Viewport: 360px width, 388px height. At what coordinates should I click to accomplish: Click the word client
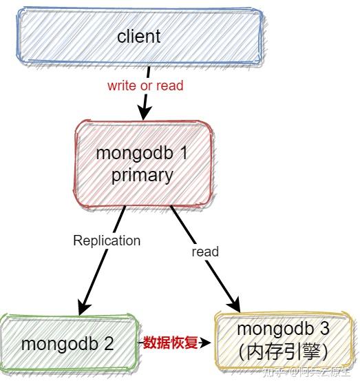point(138,37)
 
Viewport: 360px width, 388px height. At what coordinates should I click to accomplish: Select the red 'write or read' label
point(145,86)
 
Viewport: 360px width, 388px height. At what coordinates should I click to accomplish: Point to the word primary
point(142,175)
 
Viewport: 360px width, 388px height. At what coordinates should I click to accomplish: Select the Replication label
point(107,241)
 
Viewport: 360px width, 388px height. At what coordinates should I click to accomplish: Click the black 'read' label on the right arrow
point(205,252)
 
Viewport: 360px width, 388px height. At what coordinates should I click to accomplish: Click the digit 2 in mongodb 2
point(109,343)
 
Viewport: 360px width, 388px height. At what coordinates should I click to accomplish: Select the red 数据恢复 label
point(170,343)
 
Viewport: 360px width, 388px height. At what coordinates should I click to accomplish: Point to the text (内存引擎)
point(283,351)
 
